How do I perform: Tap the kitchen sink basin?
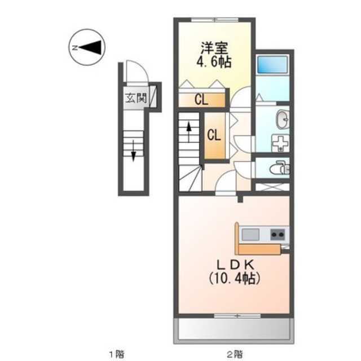point(250,234)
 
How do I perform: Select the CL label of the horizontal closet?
point(201,100)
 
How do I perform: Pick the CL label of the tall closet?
point(213,135)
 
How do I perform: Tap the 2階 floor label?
point(234,354)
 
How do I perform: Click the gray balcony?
point(234,329)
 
